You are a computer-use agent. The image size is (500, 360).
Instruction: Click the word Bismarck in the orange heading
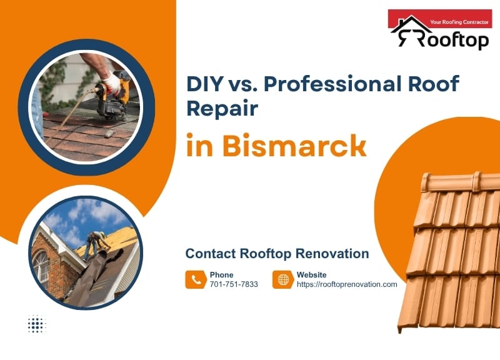click(x=294, y=146)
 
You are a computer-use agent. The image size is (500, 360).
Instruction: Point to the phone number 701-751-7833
click(x=234, y=284)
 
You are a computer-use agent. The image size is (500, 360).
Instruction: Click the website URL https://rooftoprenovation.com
click(x=347, y=284)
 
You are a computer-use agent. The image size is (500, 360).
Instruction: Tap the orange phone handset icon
click(x=196, y=279)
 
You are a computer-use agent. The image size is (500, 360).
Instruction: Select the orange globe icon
click(x=283, y=279)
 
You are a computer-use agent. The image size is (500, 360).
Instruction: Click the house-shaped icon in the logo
click(x=410, y=31)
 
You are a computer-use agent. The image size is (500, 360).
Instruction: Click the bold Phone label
click(x=221, y=274)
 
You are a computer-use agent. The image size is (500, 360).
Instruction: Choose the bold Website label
click(x=311, y=274)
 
